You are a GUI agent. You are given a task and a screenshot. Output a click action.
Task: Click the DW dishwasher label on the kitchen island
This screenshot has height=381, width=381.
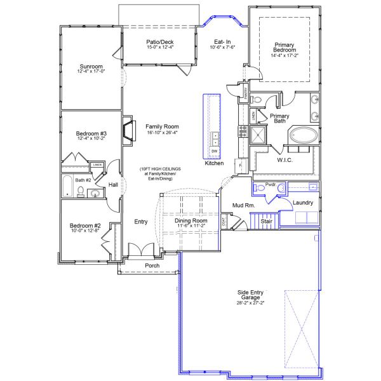point(214,151)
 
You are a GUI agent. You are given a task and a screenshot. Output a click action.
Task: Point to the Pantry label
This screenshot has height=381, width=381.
point(246,94)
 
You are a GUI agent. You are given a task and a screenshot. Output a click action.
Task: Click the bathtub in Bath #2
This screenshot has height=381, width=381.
point(68,187)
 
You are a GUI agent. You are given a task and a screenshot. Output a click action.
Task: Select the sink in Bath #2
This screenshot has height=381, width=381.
point(95,193)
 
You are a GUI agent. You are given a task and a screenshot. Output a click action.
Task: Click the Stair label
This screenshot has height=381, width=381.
point(266,222)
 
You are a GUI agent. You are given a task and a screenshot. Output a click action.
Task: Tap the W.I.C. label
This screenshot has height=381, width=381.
point(284,160)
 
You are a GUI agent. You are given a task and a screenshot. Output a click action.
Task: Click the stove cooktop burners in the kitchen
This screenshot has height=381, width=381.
point(242,131)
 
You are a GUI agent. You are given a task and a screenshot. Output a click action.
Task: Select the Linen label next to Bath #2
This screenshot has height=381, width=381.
point(97,165)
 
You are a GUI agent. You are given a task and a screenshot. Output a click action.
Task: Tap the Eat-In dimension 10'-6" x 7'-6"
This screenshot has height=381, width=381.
point(224,47)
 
